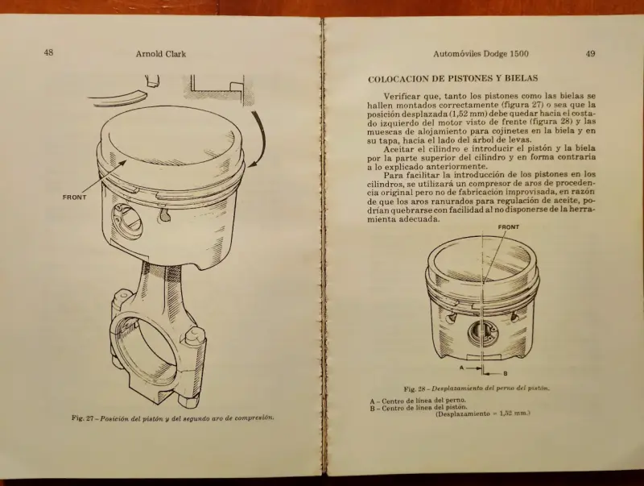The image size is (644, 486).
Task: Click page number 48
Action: coord(48,52)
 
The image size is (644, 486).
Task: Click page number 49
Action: coord(590,53)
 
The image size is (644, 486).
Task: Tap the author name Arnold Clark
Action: coord(161,54)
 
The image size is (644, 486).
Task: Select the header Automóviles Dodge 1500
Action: coord(481,53)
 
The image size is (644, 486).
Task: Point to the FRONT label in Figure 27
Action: coord(75,197)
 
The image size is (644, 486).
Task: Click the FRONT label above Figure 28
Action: coord(509,227)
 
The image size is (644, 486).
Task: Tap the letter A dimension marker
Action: coord(461,368)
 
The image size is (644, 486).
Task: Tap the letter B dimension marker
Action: coord(506,374)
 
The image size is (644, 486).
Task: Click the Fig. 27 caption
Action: coord(173,417)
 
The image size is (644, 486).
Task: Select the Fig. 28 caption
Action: coord(477,388)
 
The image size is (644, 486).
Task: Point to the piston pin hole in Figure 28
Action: coord(481,333)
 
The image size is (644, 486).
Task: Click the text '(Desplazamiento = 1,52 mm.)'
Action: coord(483,414)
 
